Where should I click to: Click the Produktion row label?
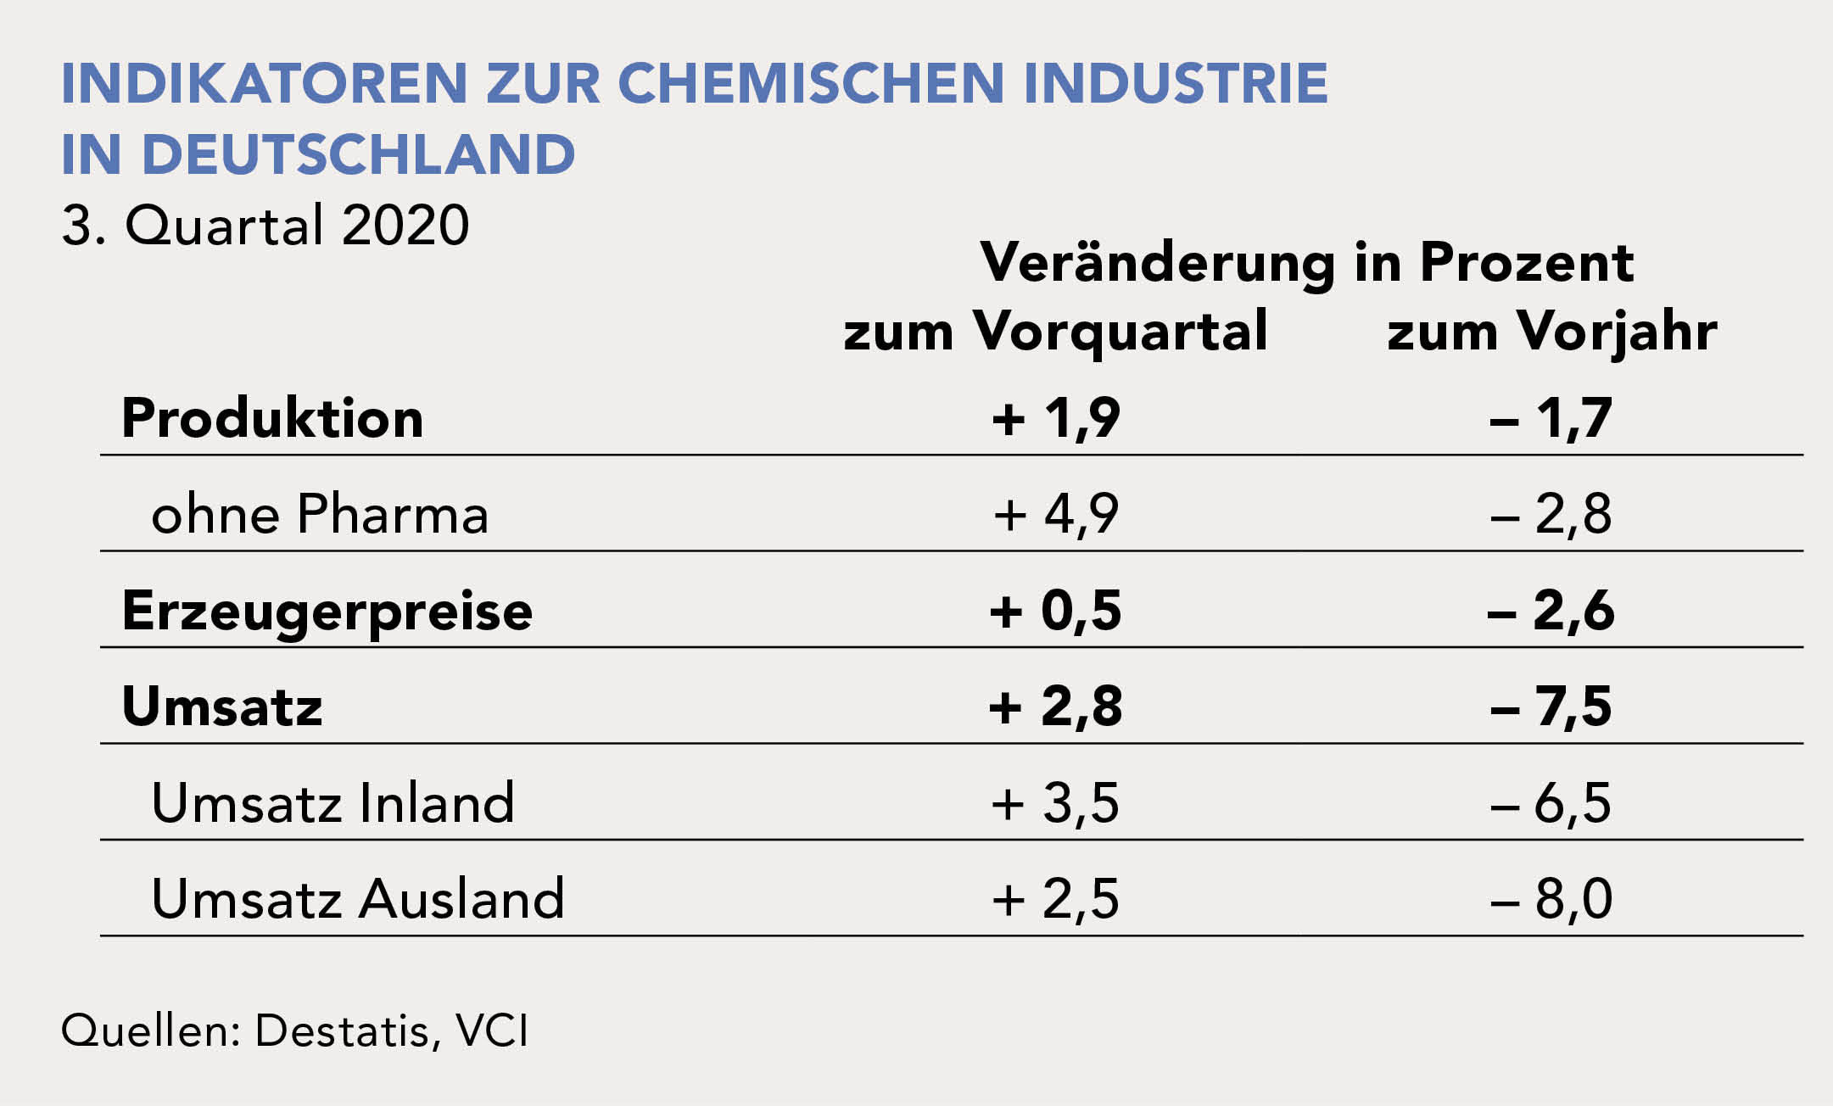272,418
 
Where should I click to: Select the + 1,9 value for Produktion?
1056,418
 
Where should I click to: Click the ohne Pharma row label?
320,514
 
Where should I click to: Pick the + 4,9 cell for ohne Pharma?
1056,514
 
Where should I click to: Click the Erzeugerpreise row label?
327,611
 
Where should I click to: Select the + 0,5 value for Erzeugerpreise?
1056,611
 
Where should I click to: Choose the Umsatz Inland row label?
333,802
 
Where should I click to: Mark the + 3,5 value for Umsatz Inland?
1056,802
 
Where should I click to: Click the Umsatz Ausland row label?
357,899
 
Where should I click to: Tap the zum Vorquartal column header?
1056,331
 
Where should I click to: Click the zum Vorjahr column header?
1551,331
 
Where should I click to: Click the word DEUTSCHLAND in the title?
359,154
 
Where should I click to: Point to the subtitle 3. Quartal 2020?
265,226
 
